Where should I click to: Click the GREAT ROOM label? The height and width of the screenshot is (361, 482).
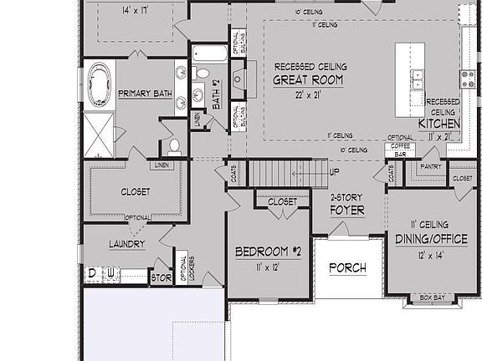pyautogui.click(x=308, y=80)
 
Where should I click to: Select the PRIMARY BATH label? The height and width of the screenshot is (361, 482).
pyautogui.click(x=146, y=93)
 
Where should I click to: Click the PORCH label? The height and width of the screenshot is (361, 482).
pyautogui.click(x=346, y=268)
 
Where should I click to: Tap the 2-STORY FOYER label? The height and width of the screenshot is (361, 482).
pyautogui.click(x=346, y=204)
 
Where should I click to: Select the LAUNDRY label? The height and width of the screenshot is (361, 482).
pyautogui.click(x=127, y=244)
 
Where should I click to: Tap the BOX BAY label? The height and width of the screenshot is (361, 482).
pyautogui.click(x=433, y=297)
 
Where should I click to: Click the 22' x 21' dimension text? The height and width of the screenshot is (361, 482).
pyautogui.click(x=308, y=95)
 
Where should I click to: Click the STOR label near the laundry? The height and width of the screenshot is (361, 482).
pyautogui.click(x=160, y=276)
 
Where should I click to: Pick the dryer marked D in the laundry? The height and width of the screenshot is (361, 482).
pyautogui.click(x=92, y=274)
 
